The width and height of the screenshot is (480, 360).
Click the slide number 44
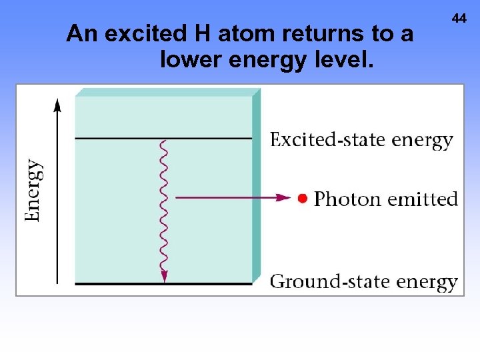pos(459,19)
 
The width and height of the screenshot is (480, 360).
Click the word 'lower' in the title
pos(191,61)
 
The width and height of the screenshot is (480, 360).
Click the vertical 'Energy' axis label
pos(34,190)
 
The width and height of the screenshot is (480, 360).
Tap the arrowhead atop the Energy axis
pos(57,104)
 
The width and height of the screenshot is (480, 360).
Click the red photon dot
pos(302,198)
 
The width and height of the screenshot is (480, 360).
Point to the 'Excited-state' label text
pos(327,140)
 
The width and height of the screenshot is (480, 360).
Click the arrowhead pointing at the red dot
pos(285,197)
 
